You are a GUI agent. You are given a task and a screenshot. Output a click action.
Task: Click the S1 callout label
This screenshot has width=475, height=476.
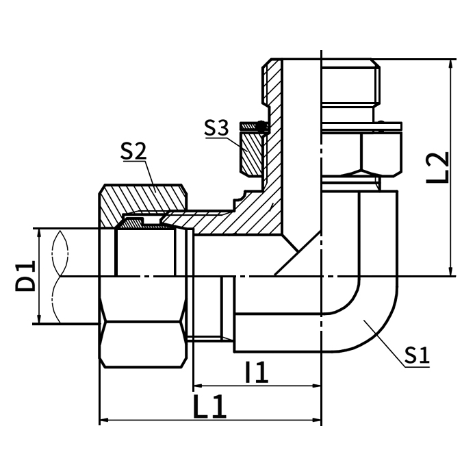point(416,355)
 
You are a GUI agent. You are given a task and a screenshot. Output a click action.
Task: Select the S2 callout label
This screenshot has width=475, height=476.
point(133,151)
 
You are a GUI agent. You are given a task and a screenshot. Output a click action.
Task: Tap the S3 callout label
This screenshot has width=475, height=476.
point(218,127)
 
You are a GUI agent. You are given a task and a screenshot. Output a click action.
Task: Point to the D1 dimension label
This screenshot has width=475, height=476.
point(26,275)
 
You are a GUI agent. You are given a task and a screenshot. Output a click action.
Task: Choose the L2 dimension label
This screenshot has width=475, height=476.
point(435,166)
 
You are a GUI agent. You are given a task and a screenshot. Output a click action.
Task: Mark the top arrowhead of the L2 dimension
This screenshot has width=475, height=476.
point(451,64)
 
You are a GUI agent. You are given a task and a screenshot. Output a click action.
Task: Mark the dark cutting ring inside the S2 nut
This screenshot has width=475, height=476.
point(137,222)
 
